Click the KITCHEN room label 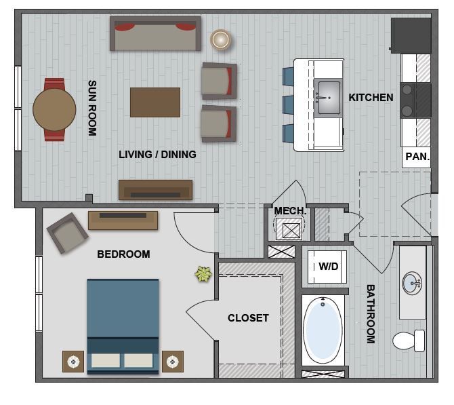tap(371, 98)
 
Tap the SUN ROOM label tap(91, 109)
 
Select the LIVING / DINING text tap(157, 155)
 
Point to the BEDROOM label tap(123, 254)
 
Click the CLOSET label tap(248, 317)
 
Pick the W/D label tap(328, 267)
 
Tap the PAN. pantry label tap(417, 157)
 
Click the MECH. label tap(290, 211)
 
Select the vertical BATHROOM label tap(371, 313)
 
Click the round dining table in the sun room tap(54, 109)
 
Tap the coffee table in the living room tap(155, 102)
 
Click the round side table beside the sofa tap(220, 39)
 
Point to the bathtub tap(323, 330)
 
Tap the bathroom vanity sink tap(412, 282)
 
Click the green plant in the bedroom tap(203, 274)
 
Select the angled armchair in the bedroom tap(68, 232)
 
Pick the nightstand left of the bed tap(73, 361)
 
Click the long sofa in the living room tap(156, 34)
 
